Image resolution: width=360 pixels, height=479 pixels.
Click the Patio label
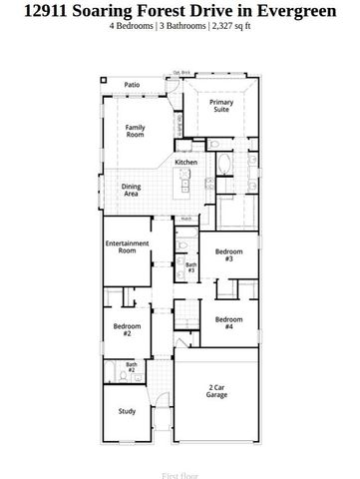(x=132, y=86)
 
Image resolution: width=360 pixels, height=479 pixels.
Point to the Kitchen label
(x=186, y=162)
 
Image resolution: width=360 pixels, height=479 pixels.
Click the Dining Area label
(x=132, y=189)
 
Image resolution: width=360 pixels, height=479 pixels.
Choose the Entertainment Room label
(x=128, y=247)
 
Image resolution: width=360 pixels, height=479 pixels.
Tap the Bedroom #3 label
(x=228, y=255)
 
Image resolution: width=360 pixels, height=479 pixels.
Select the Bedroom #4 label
(x=228, y=322)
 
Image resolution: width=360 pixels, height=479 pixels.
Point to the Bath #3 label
(x=190, y=266)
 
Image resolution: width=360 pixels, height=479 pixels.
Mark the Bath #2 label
(x=131, y=367)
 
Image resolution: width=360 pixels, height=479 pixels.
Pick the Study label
(x=127, y=410)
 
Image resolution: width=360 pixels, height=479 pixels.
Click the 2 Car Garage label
(x=217, y=391)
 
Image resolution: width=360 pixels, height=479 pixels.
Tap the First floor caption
(x=180, y=464)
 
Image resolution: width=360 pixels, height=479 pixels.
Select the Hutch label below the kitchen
(x=186, y=219)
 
